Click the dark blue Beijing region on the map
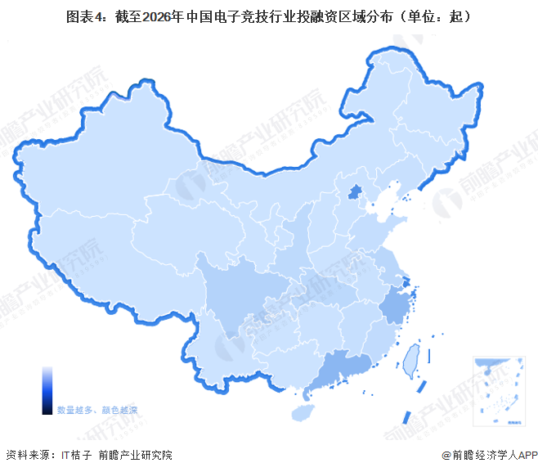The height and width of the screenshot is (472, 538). tap(355, 193)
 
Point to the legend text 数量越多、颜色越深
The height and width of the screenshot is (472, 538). tap(96, 409)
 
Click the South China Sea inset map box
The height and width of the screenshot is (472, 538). tap(498, 391)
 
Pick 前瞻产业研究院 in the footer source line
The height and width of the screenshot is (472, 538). tap(135, 456)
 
